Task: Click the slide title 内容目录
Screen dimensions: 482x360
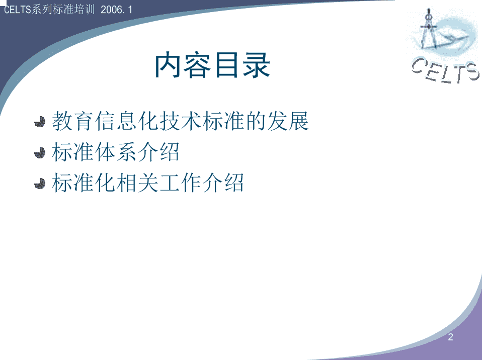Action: tap(212, 65)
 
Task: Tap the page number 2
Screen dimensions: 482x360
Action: tap(450, 337)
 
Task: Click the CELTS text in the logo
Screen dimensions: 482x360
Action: tap(445, 70)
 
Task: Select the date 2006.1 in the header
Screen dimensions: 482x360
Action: tap(117, 10)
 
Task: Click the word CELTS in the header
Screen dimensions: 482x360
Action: tap(18, 10)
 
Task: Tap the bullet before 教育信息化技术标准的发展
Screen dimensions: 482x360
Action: tap(40, 122)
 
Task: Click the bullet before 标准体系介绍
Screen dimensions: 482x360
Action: tap(40, 153)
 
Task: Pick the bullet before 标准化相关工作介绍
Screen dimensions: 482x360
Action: tap(40, 184)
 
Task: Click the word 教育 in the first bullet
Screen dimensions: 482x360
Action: tap(72, 121)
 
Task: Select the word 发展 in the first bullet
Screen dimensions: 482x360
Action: tap(288, 121)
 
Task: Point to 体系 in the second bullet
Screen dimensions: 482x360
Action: tap(116, 152)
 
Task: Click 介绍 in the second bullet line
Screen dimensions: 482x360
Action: tap(158, 152)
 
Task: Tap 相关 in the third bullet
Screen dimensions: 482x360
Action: tap(137, 183)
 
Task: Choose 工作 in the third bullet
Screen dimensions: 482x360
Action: tap(180, 183)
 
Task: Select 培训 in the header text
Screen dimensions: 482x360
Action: tap(85, 10)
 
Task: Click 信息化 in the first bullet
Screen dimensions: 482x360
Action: tap(126, 121)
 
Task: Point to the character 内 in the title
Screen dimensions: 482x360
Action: tap(168, 65)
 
